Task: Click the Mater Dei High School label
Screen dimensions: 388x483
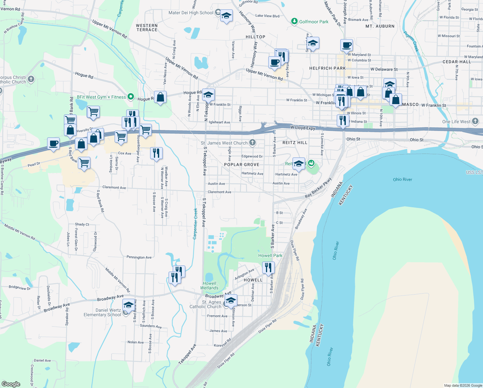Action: coord(191,13)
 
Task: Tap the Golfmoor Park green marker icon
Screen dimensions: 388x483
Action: coord(294,21)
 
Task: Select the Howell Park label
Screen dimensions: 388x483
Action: coord(270,255)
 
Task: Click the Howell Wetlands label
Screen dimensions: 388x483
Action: coord(209,286)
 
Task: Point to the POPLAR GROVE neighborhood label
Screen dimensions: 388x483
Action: coord(242,165)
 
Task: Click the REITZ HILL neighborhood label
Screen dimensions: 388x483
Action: coord(295,143)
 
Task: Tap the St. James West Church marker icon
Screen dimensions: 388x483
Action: coord(252,143)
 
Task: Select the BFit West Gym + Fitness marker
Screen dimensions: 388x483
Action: coord(131,97)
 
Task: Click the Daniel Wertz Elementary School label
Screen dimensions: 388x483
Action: coord(102,312)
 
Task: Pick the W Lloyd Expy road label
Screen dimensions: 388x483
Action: coord(303,128)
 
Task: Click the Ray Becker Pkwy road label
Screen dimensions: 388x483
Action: coord(318,188)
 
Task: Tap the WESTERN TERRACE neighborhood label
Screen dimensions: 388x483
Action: coord(147,27)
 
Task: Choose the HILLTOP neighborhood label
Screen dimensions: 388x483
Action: coord(255,37)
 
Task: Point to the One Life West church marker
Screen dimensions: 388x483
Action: coord(475,121)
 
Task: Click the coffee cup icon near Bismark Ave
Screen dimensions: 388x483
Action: coord(346,46)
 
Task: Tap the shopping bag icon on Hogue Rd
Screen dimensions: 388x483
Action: coord(160,97)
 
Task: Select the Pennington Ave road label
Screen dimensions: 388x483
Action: coord(139,257)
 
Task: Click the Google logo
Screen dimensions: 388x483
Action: coord(11,384)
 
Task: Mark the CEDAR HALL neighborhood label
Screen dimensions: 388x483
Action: coord(457,62)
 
